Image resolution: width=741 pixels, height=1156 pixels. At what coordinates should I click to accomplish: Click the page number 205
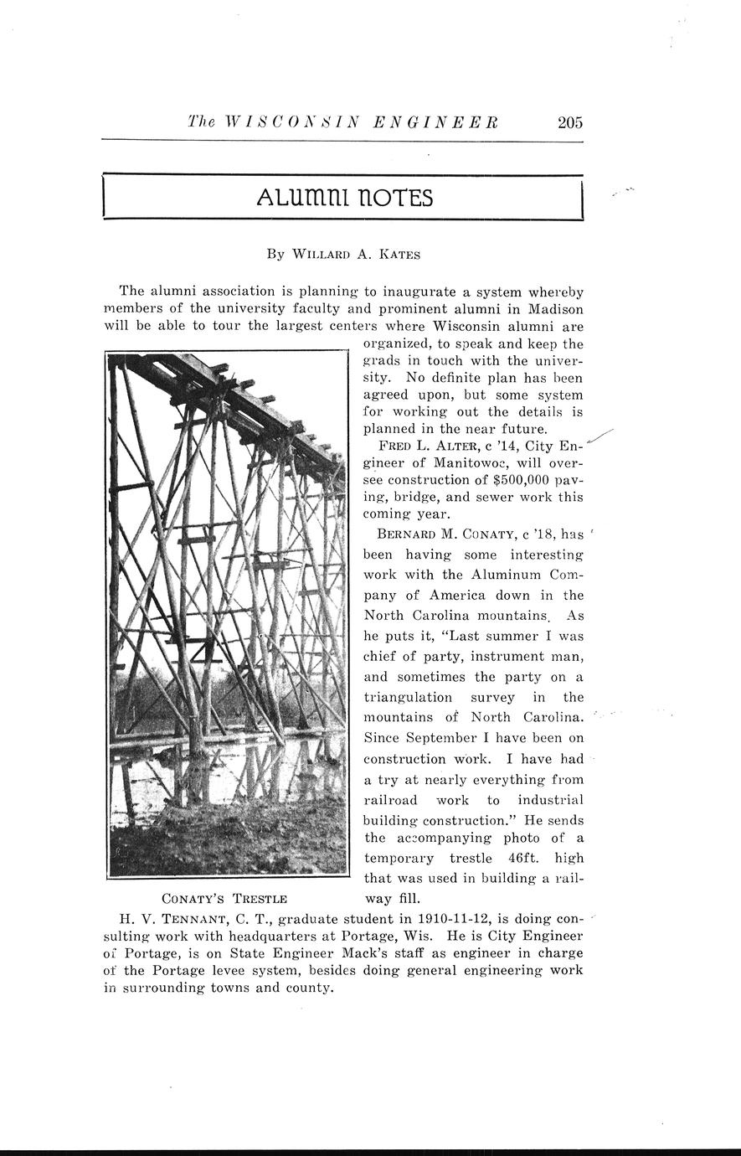pyautogui.click(x=569, y=122)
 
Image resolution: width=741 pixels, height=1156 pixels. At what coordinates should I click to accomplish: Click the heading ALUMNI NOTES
pyautogui.click(x=345, y=198)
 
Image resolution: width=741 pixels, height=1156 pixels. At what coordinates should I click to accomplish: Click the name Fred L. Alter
pyautogui.click(x=425, y=446)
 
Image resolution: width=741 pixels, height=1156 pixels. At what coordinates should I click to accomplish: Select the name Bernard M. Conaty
pyautogui.click(x=440, y=534)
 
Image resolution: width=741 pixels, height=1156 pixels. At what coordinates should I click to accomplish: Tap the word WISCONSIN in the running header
pyautogui.click(x=286, y=122)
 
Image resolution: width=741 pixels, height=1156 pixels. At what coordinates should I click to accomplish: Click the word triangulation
pyautogui.click(x=408, y=697)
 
